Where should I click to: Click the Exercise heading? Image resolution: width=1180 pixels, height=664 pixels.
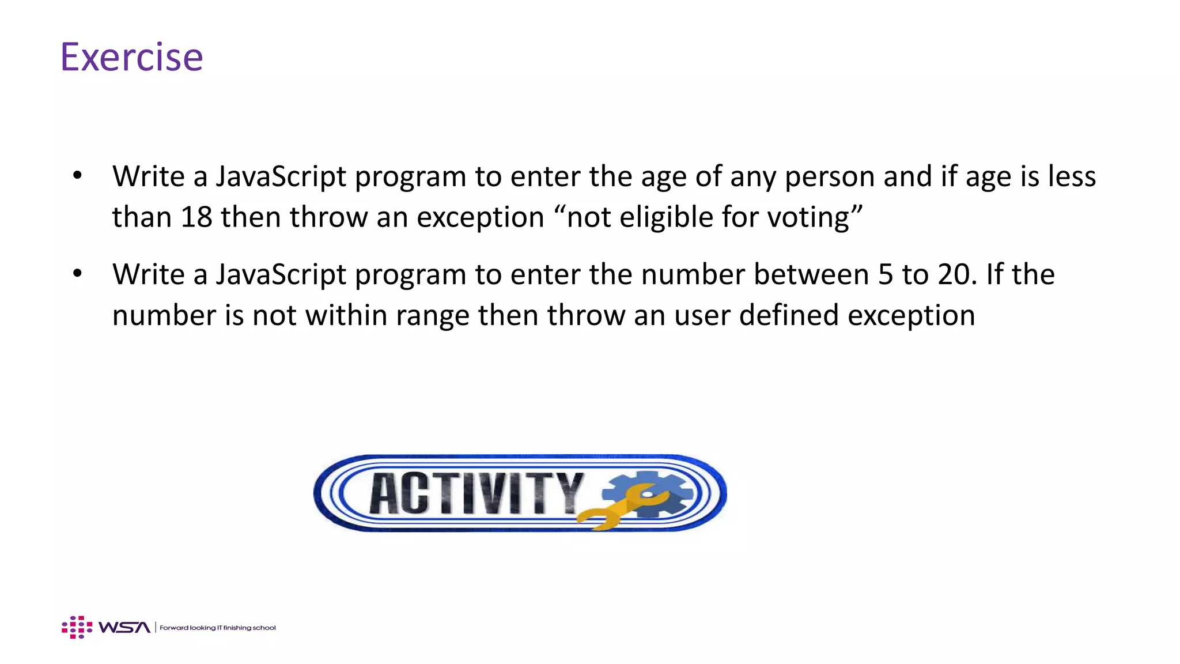131,57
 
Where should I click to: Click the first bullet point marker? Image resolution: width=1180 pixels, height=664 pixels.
77,175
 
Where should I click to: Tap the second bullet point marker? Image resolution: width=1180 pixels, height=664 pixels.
77,274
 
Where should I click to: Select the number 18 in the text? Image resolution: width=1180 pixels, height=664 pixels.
196,217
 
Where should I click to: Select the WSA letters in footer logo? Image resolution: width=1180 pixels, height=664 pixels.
124,627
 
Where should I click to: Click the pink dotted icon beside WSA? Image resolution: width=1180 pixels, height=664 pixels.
77,627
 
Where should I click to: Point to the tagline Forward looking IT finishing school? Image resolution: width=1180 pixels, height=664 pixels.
218,628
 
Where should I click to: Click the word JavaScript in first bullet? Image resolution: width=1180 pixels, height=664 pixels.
281,176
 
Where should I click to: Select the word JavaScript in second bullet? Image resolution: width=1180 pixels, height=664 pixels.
281,274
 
